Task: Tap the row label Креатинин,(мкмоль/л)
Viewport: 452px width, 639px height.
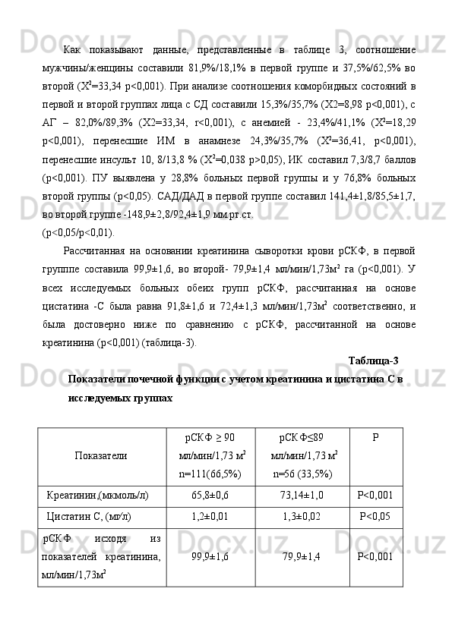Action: pos(97,495)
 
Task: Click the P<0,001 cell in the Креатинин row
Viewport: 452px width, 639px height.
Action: pos(375,495)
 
